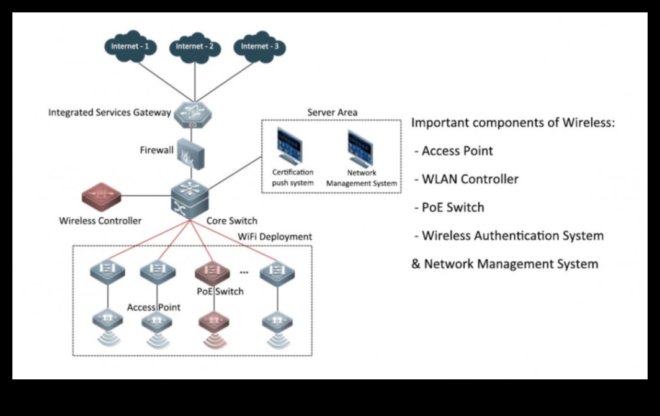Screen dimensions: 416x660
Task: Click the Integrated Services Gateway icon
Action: click(x=194, y=114)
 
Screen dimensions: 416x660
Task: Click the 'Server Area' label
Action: click(x=332, y=112)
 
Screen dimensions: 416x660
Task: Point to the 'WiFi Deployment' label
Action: click(x=275, y=237)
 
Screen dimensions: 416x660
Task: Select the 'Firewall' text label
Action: click(x=157, y=150)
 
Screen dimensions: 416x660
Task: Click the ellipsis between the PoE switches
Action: click(x=244, y=271)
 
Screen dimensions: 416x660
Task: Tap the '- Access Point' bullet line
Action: click(x=453, y=151)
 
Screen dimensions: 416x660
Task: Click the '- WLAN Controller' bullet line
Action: click(x=466, y=179)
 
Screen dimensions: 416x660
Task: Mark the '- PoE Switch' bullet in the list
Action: click(x=449, y=207)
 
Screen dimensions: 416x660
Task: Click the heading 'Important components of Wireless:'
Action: click(x=513, y=123)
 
